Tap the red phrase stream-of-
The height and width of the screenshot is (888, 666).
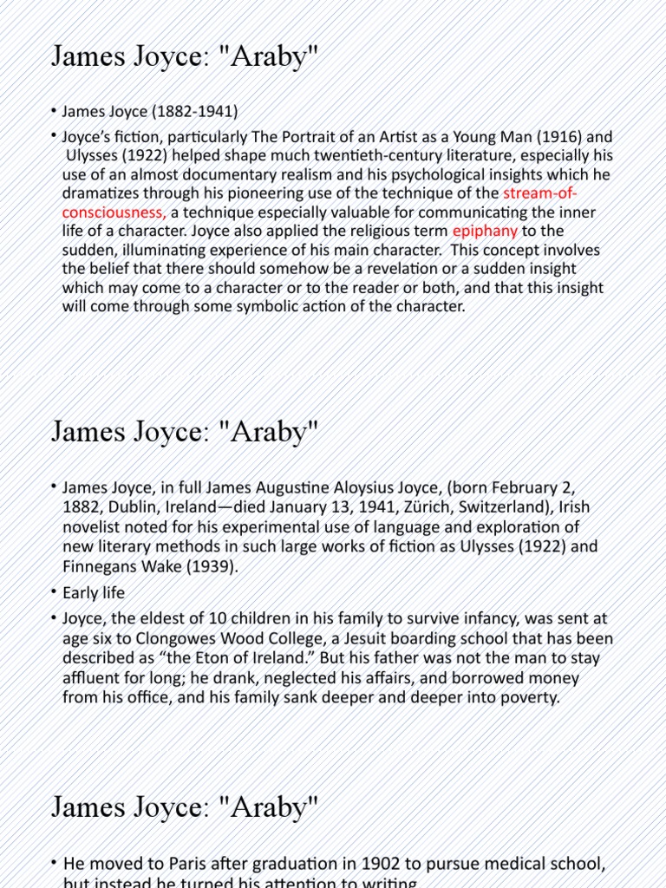point(540,193)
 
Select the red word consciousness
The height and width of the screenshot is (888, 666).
point(114,212)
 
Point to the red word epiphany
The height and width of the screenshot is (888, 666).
point(485,231)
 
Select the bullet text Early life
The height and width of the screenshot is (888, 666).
point(94,593)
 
